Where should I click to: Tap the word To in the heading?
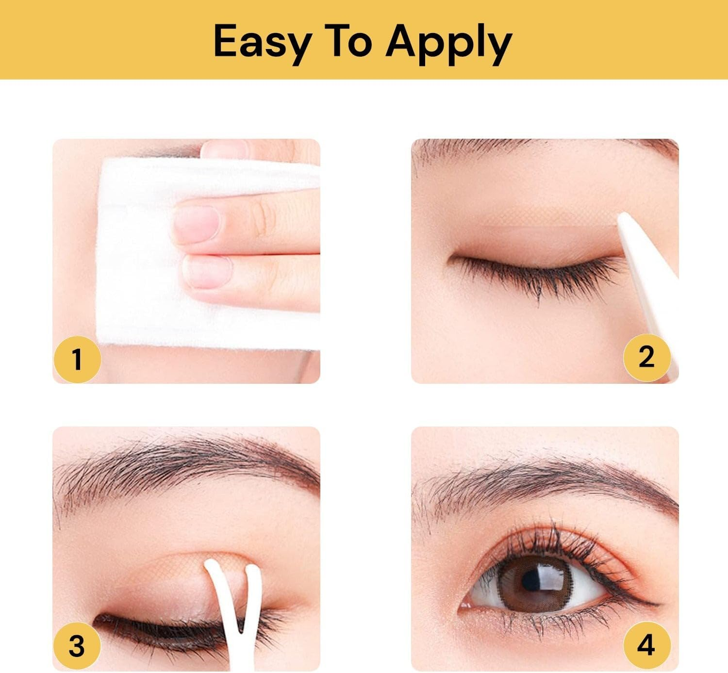pyautogui.click(x=349, y=41)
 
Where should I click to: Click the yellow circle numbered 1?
pyautogui.click(x=77, y=360)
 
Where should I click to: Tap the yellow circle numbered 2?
pyautogui.click(x=646, y=357)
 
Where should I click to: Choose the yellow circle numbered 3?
pyautogui.click(x=77, y=646)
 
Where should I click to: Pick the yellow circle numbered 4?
pyautogui.click(x=646, y=646)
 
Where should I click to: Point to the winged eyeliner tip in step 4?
pyautogui.click(x=653, y=604)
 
